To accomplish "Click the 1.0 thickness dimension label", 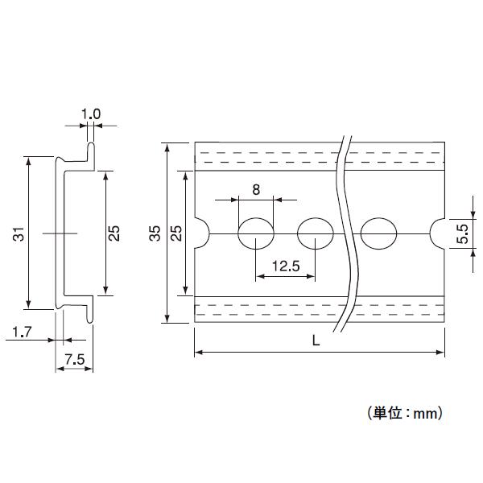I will tap(91, 114).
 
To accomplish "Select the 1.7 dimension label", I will tap(22, 331).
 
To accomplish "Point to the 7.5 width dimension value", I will tap(74, 361).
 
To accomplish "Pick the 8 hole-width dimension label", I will tap(256, 190).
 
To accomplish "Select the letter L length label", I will tap(316, 341).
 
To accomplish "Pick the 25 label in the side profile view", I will tap(114, 233).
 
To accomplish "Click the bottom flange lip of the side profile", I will tap(92, 307).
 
